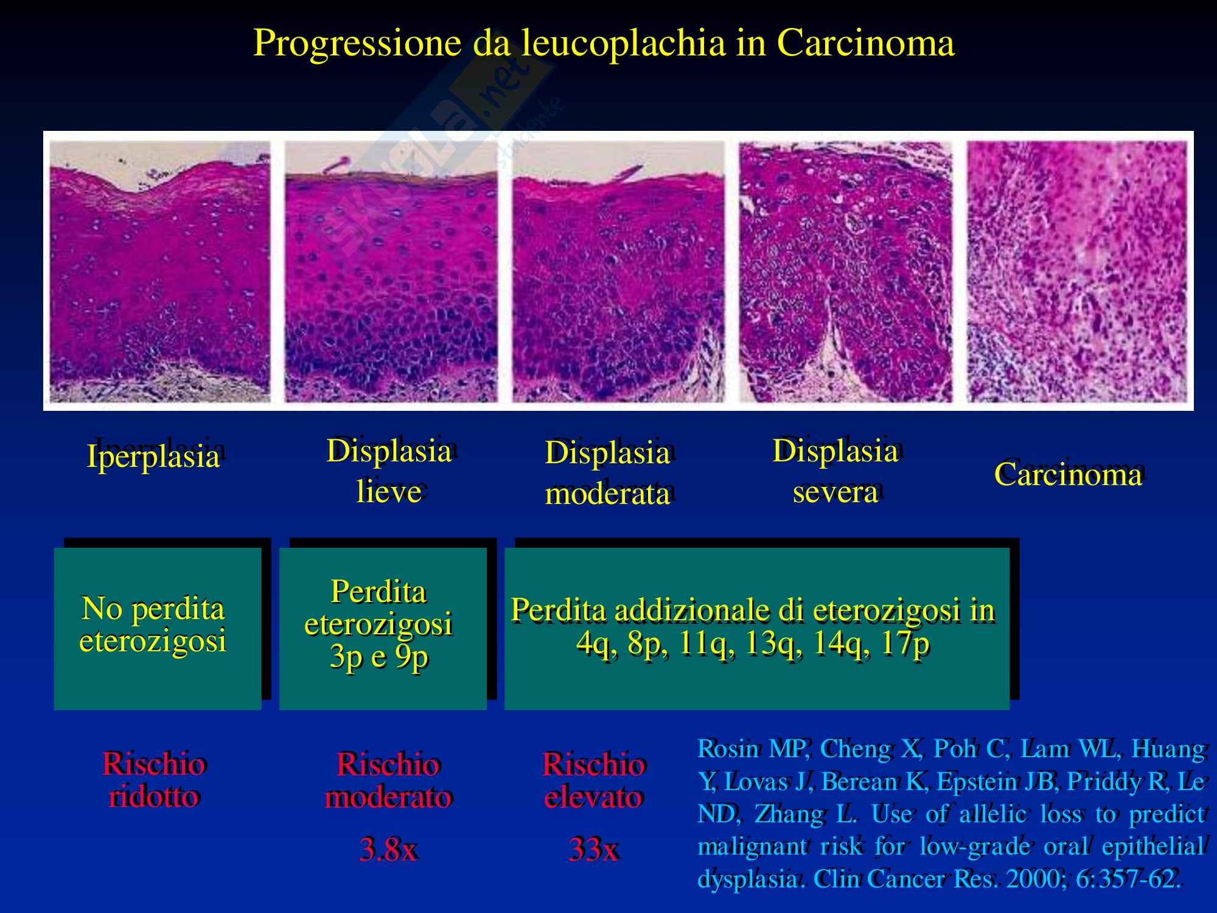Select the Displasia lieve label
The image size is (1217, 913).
[x=389, y=471]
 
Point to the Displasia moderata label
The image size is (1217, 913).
[x=607, y=474]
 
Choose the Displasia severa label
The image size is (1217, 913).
[x=835, y=471]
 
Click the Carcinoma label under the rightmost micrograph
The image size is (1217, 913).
[x=1068, y=474]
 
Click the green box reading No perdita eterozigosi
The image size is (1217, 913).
[x=158, y=628]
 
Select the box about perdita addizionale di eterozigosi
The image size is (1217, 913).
[x=757, y=628]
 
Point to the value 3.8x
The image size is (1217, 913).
[x=388, y=850]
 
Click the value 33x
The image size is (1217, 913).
[x=592, y=850]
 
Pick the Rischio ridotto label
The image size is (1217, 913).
[x=153, y=781]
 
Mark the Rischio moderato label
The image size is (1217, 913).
[x=388, y=781]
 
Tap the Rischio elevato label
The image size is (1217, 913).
[x=593, y=781]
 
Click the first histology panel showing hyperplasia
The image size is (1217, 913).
[x=160, y=271]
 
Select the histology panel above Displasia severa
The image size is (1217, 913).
[x=845, y=271]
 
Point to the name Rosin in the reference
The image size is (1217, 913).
[x=723, y=749]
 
